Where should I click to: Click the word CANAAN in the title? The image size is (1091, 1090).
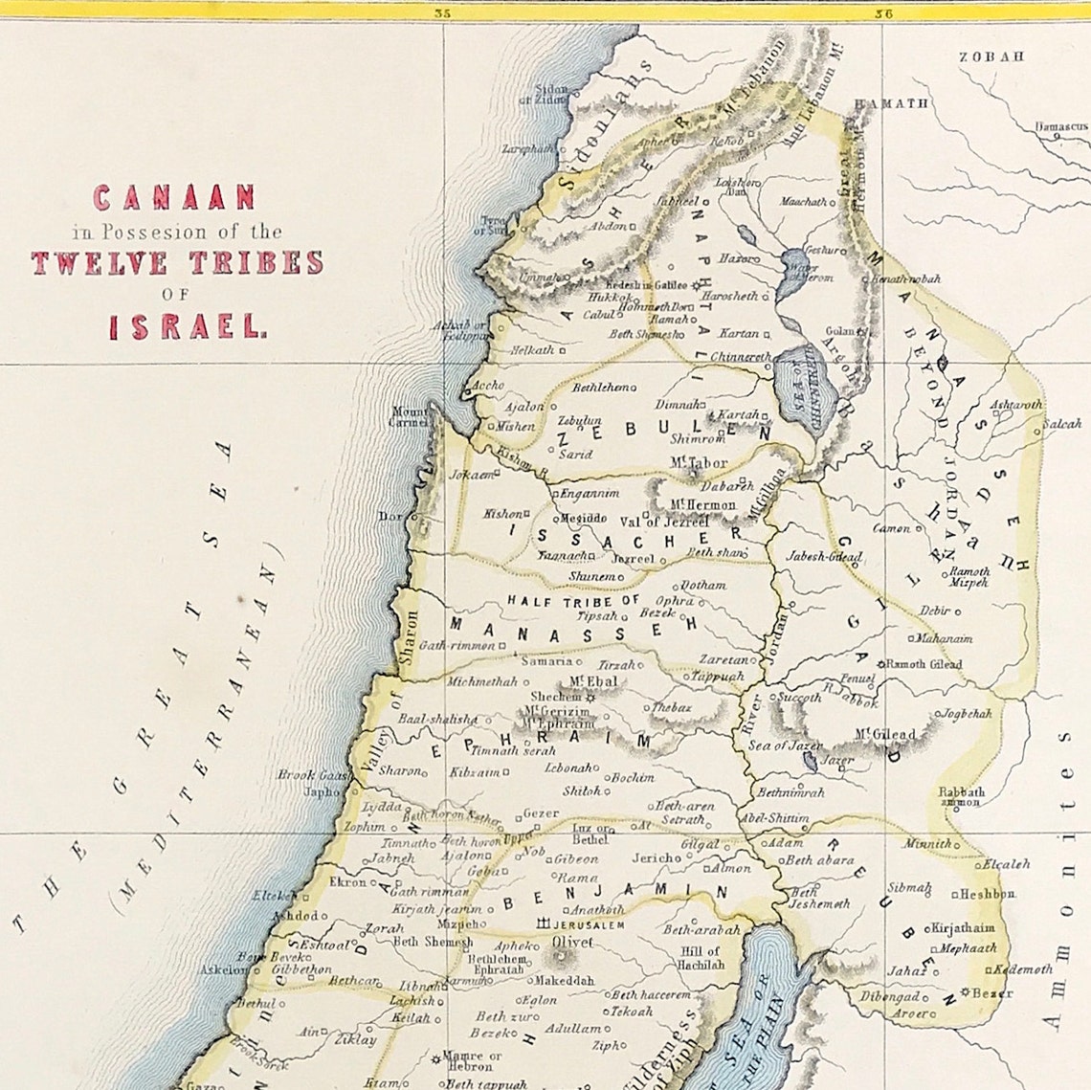click(173, 198)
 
